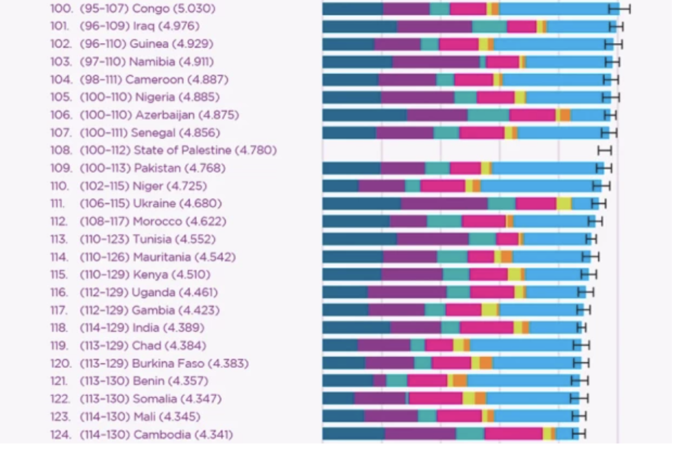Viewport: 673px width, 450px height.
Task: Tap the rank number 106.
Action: [x=61, y=115]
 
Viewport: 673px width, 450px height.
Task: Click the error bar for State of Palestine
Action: [x=605, y=151]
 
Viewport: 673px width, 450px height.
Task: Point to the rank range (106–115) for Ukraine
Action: [x=105, y=204]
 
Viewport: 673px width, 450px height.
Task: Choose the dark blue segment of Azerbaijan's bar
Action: [x=364, y=115]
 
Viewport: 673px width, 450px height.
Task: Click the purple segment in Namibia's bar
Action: [x=436, y=62]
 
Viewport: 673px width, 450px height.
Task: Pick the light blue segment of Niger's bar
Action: [x=537, y=186]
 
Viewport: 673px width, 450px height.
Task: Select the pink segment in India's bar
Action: [x=486, y=328]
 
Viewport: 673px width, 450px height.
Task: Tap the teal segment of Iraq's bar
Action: [x=489, y=26]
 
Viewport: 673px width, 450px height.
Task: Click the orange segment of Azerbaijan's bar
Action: [x=565, y=115]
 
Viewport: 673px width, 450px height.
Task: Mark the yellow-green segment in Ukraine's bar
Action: [x=563, y=204]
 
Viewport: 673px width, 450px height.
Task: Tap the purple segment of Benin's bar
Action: [x=379, y=381]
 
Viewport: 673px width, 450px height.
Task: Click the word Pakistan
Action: [x=157, y=168]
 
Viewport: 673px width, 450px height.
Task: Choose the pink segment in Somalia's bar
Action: [x=435, y=399]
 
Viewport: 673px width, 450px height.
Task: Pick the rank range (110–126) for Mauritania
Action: [x=105, y=257]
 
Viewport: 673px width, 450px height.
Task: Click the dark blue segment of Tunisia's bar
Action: [x=359, y=239]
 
